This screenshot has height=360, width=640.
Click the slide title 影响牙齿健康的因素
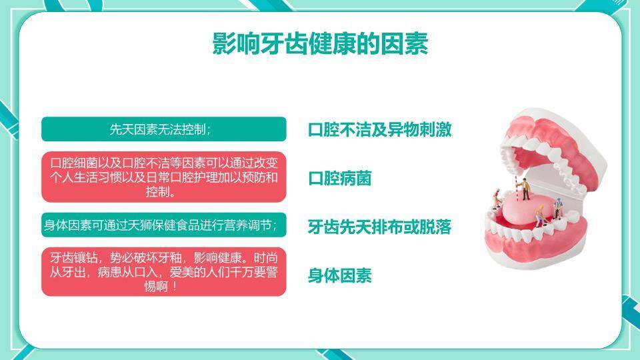click(x=320, y=44)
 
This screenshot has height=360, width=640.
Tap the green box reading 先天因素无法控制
click(x=164, y=129)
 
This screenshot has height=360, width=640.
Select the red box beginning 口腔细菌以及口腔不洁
click(x=164, y=177)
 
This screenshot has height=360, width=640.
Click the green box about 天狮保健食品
click(x=164, y=225)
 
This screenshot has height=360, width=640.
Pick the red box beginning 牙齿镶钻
click(x=164, y=272)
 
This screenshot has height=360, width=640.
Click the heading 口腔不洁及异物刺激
click(x=379, y=129)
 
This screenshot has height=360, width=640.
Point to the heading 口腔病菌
click(x=339, y=179)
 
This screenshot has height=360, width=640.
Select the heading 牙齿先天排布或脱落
click(x=379, y=227)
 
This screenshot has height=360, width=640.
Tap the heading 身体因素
click(x=339, y=275)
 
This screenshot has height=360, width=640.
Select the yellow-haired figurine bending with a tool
click(x=539, y=216)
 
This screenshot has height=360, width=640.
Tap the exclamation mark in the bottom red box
click(x=175, y=286)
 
